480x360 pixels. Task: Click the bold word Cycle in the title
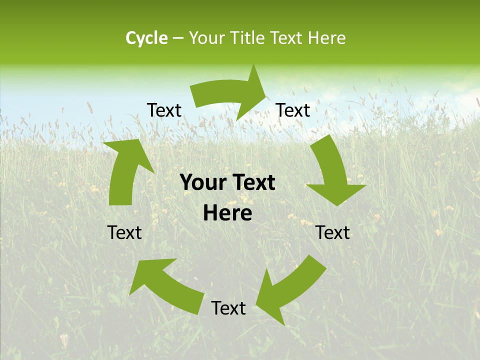(146, 38)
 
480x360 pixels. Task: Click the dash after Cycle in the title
(178, 38)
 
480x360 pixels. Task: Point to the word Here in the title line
(327, 38)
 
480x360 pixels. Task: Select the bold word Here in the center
(227, 213)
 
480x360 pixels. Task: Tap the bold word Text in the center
(253, 182)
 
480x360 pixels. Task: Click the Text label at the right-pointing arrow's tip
(293, 110)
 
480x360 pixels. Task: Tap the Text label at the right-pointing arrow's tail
(164, 110)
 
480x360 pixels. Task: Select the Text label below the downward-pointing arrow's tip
(332, 232)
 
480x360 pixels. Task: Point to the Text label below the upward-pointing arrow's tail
(124, 232)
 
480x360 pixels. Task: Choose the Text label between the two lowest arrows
(228, 308)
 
